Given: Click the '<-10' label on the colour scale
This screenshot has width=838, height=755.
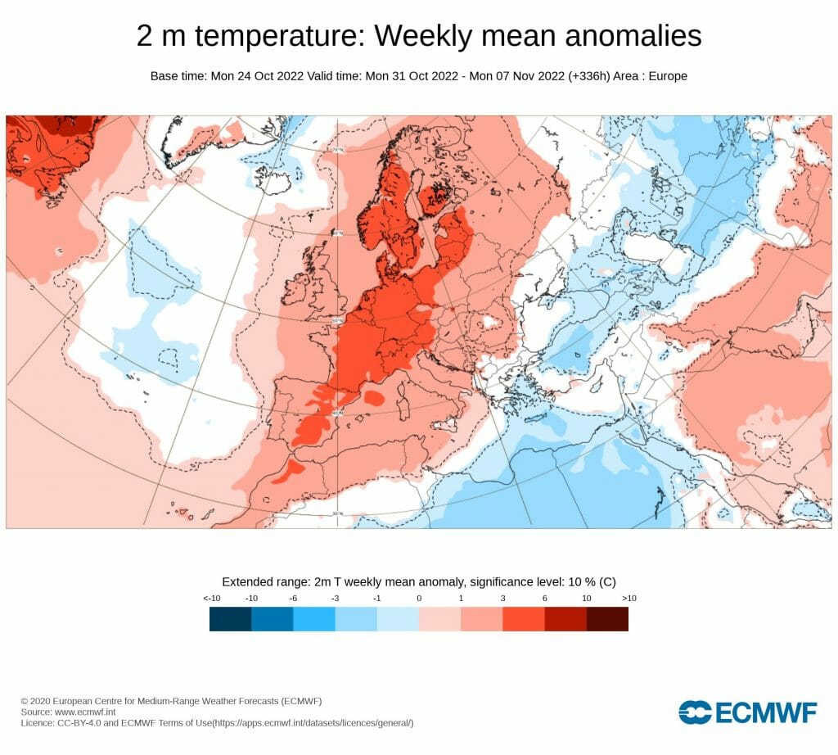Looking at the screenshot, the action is [211, 599].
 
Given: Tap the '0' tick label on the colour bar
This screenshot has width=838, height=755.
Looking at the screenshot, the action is [419, 599].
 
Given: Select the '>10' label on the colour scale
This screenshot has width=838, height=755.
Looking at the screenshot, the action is [628, 599].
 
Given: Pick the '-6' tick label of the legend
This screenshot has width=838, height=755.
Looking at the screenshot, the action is [293, 599].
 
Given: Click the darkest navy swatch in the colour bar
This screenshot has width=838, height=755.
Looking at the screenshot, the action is [230, 619].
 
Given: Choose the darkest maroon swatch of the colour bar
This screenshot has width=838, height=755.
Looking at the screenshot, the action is [607, 619].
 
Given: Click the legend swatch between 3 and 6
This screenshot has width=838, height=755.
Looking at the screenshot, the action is [524, 619].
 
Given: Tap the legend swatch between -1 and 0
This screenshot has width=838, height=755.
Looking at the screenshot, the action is [398, 619].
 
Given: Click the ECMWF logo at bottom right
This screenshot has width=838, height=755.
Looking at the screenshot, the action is [747, 712].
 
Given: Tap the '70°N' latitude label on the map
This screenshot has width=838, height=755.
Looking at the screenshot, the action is [336, 150].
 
